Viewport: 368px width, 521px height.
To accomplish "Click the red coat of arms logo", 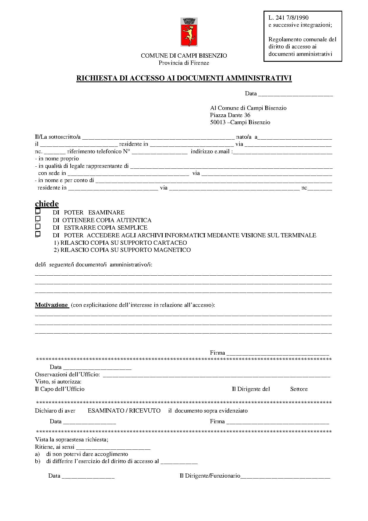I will pos(189,32).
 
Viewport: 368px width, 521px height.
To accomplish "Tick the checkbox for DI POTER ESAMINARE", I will pos(38,212).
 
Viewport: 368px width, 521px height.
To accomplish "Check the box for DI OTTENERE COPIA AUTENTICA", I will pos(38,219).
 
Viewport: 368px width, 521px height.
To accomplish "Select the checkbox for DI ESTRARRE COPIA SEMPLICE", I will pos(38,227).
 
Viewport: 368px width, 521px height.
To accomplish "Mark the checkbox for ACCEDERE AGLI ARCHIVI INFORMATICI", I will pos(38,234).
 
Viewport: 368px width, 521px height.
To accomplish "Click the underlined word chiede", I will pos(47,204).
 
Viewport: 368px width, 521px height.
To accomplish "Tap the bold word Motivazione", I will pos(52,305).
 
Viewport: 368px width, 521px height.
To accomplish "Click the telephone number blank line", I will pos(160,152).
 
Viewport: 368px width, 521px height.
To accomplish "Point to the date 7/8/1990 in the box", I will pos(297,18).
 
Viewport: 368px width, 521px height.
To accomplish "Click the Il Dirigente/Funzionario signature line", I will pos(285,476).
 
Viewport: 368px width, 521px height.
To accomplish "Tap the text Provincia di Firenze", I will pos(184,63).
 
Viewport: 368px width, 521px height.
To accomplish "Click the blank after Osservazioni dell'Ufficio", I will pos(216,375).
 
